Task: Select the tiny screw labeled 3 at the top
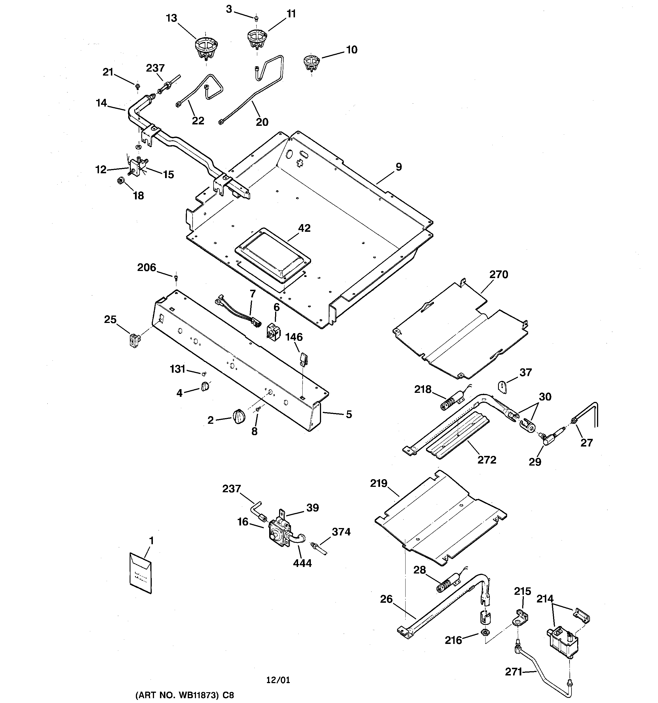tap(256, 17)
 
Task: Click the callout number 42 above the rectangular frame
tap(304, 228)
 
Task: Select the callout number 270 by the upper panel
tap(498, 274)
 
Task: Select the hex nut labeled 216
tap(485, 632)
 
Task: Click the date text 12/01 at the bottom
tap(278, 680)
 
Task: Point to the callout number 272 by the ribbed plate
tap(487, 460)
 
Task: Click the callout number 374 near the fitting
tap(341, 531)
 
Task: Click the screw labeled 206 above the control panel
tap(176, 277)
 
